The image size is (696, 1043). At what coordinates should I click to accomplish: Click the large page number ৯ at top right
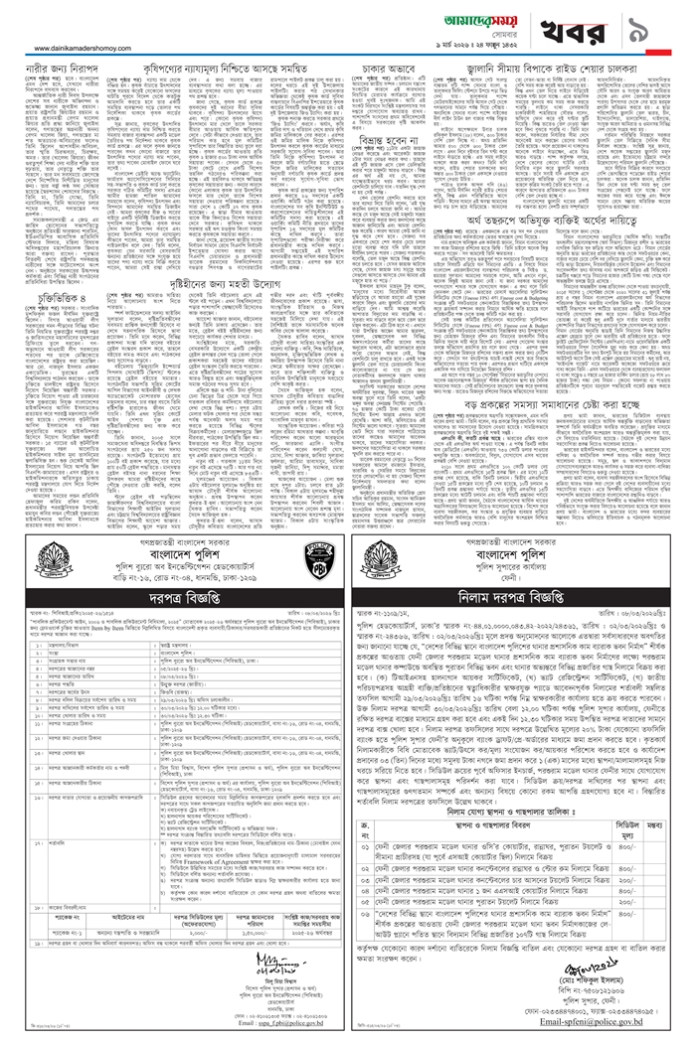point(660,23)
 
